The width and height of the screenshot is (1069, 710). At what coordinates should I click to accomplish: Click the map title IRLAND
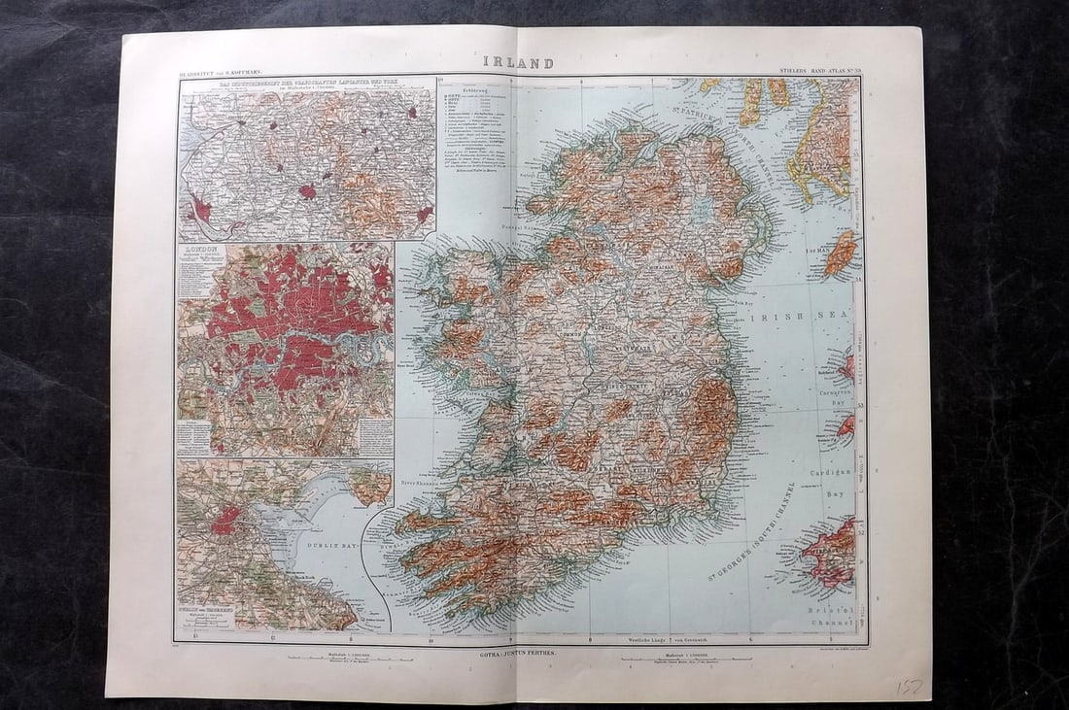pos(519,63)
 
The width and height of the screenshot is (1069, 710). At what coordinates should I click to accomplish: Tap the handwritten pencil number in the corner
pos(910,686)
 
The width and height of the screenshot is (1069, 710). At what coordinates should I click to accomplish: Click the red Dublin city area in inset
pos(225,521)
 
